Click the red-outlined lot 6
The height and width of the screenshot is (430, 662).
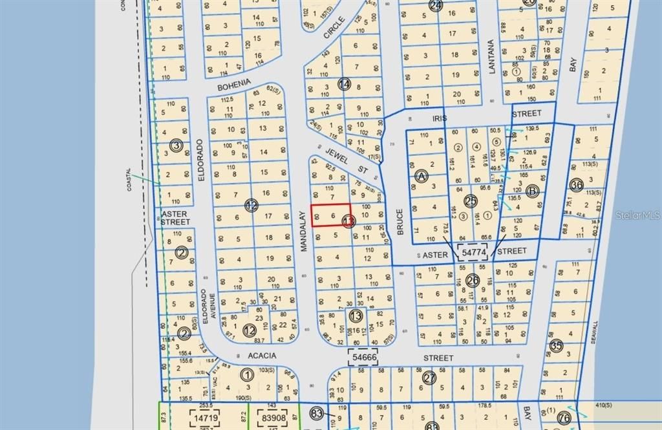[x=332, y=215]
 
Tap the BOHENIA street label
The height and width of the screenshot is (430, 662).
[x=233, y=84]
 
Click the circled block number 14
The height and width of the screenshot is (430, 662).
[x=345, y=85]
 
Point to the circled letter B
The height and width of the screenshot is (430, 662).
[x=532, y=191]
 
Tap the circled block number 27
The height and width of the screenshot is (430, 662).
[x=429, y=377]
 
